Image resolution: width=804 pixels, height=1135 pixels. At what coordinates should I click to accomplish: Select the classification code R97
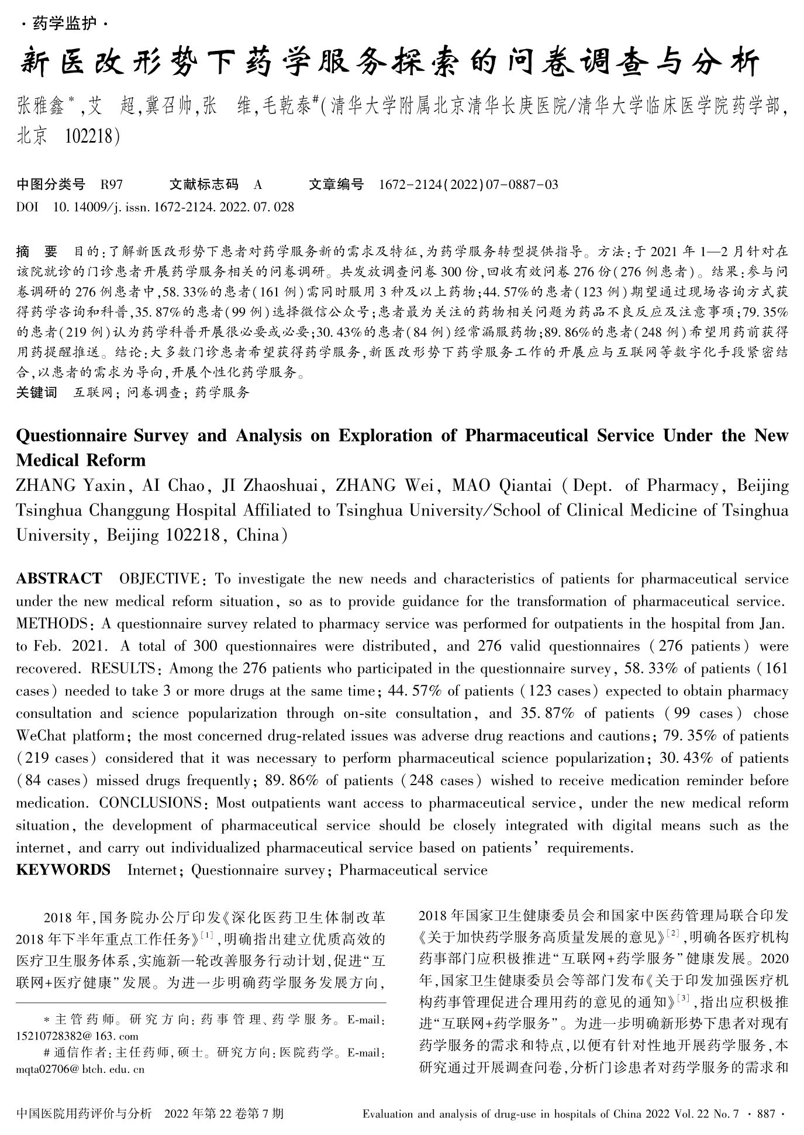112,185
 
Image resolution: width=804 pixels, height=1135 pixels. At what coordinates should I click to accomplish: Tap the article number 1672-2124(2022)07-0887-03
468,185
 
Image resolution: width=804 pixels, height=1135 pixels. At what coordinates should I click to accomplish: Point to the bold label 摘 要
37,252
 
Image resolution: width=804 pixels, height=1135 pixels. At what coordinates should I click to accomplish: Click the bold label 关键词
36,392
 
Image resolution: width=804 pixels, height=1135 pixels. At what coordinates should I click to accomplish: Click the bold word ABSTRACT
59,579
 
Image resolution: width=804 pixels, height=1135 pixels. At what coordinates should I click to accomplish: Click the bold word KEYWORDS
63,870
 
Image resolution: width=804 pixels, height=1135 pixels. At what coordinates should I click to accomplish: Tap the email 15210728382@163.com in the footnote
77,1035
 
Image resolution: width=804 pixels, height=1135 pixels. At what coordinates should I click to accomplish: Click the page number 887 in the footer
765,1115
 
